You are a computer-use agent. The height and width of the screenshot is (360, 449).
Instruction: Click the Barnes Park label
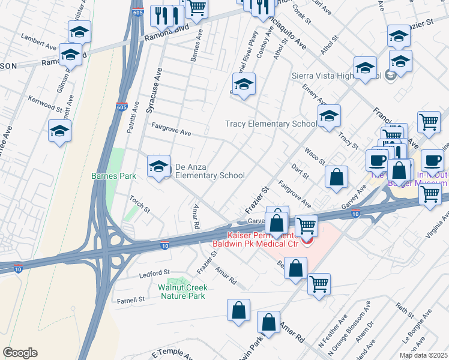click(113, 176)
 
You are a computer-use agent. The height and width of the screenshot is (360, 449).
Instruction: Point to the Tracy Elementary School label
click(271, 124)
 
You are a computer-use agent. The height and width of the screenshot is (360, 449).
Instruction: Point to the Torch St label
click(140, 205)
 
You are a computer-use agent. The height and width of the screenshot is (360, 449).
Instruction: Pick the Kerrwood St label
click(45, 103)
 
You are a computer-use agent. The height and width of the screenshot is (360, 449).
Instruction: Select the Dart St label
click(299, 172)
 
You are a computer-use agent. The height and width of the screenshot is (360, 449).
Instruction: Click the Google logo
click(20, 353)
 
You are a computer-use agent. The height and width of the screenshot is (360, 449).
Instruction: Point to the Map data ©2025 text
click(423, 355)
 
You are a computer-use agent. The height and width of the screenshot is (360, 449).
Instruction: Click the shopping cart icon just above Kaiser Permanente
click(306, 226)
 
